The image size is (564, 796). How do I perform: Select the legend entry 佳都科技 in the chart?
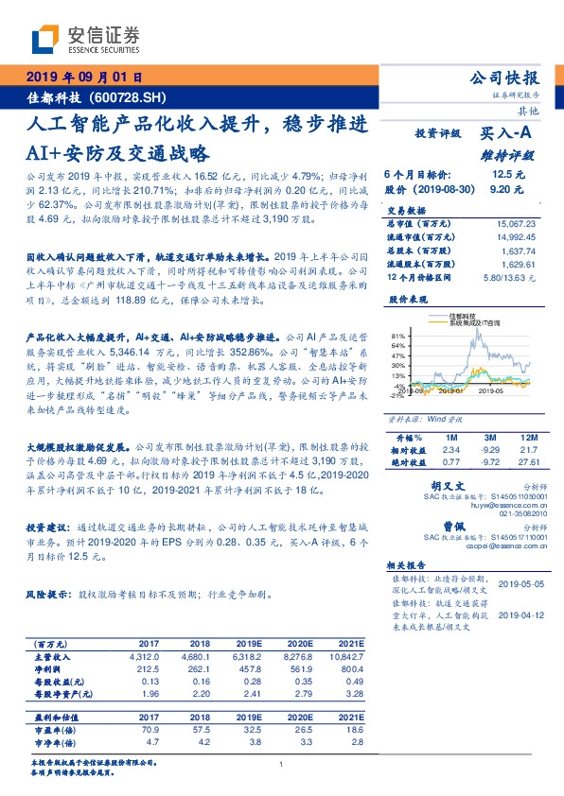click(467, 317)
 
